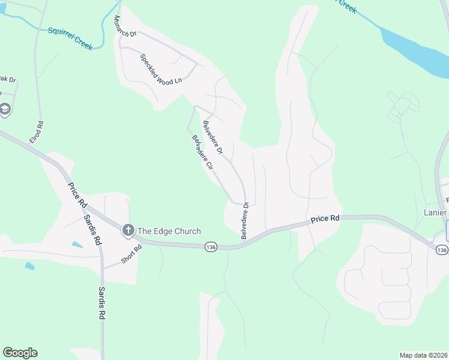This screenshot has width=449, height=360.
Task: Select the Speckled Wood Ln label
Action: tap(160, 70)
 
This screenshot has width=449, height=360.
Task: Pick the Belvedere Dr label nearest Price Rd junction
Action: tap(245, 221)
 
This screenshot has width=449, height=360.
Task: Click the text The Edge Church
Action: tap(169, 231)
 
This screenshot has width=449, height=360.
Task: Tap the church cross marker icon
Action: tap(127, 230)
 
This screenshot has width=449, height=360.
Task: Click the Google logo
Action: tap(20, 353)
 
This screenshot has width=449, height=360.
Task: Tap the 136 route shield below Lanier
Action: tap(442, 250)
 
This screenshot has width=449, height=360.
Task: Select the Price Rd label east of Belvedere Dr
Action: tap(325, 220)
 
